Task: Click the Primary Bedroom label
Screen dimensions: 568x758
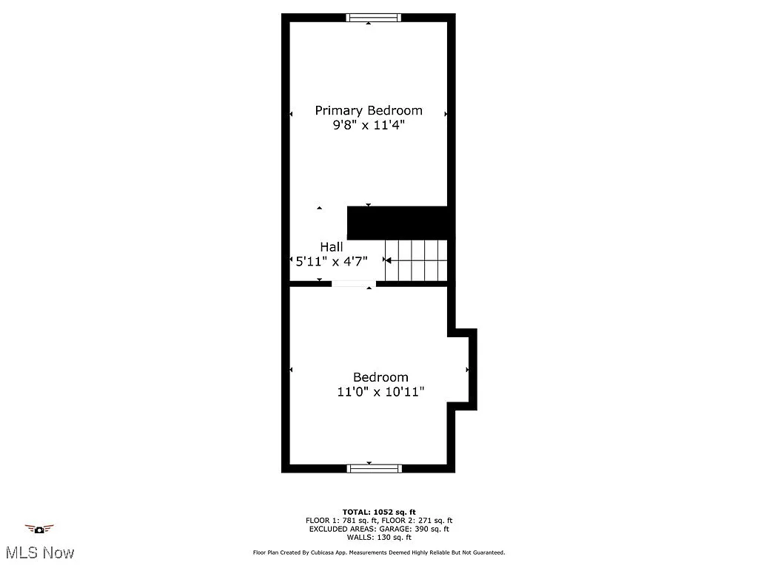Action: [x=369, y=110]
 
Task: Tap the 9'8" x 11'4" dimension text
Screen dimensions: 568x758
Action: [x=369, y=126]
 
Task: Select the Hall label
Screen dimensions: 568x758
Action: [x=332, y=246]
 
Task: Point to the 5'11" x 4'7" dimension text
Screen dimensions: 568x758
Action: [x=332, y=261]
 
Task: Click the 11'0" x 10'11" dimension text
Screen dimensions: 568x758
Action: [x=380, y=392]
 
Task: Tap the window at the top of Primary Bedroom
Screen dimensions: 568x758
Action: [x=374, y=18]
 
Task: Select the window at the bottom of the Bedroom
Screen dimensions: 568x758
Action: [x=375, y=468]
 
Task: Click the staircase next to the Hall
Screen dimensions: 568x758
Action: [x=416, y=260]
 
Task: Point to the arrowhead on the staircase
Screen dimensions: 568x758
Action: [x=387, y=260]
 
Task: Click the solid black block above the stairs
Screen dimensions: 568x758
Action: [x=398, y=223]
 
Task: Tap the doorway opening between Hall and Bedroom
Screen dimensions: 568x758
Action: [x=353, y=283]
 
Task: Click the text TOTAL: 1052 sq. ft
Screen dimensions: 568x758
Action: [x=379, y=512]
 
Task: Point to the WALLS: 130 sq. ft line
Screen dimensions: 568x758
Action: [x=379, y=537]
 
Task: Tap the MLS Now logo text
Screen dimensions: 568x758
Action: [x=39, y=552]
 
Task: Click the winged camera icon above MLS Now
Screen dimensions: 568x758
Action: [x=39, y=529]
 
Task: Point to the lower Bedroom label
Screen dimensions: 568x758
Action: [x=380, y=377]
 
